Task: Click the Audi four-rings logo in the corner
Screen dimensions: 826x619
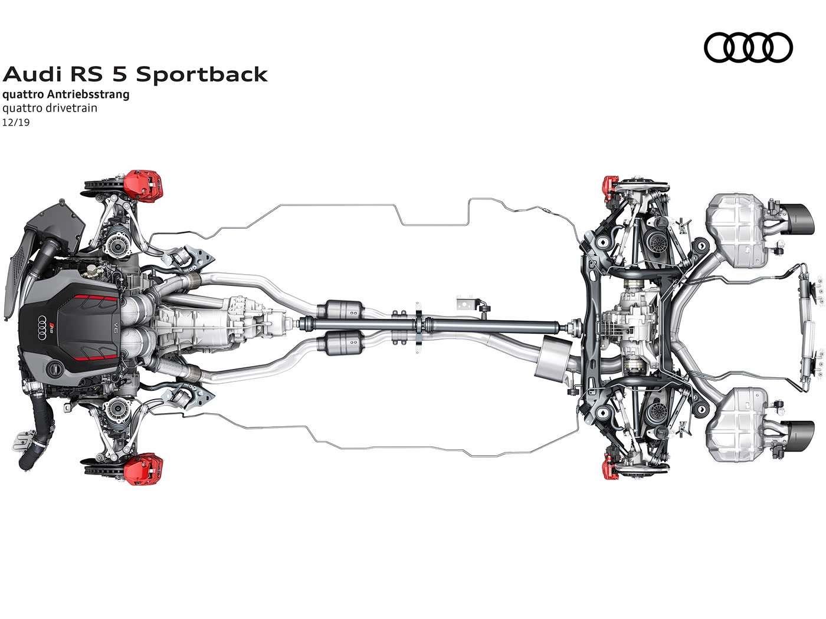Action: coord(748,48)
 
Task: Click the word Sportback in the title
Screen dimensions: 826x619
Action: coord(202,74)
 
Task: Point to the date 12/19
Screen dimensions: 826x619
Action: coord(16,123)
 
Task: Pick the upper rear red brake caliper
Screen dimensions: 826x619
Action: coord(609,192)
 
